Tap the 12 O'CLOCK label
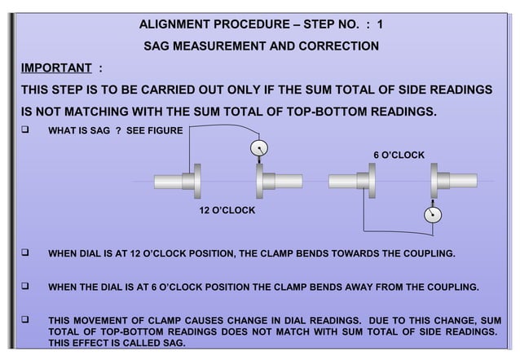coord(227,210)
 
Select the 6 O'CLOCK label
coord(399,154)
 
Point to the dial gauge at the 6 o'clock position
coord(431,214)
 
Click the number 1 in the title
coord(380,24)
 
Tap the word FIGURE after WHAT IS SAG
coord(166,130)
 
